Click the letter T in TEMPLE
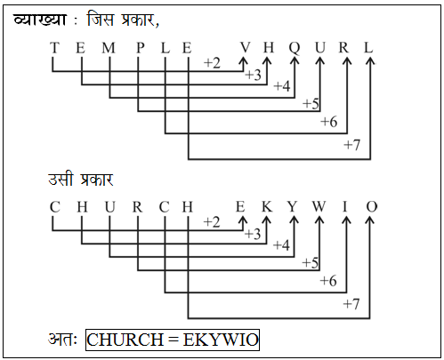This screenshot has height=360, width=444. (54, 48)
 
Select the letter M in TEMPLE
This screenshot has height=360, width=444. (109, 48)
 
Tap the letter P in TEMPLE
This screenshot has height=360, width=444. (141, 48)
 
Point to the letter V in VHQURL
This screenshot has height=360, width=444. (246, 47)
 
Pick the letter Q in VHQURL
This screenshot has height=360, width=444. (295, 48)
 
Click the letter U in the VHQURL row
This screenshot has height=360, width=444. (320, 47)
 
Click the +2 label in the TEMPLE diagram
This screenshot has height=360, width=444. (212, 63)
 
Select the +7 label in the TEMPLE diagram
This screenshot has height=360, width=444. (351, 145)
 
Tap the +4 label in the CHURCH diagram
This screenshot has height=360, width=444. (281, 245)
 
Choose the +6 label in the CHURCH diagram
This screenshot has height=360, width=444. (328, 281)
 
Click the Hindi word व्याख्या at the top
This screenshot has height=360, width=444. (40, 20)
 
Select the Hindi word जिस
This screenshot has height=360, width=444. (101, 19)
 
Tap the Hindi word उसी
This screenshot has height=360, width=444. (61, 179)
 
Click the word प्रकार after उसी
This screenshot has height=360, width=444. (97, 180)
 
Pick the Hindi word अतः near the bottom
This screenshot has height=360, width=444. (63, 340)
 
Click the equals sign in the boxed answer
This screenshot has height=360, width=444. (173, 340)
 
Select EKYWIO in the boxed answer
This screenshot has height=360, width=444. (221, 340)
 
